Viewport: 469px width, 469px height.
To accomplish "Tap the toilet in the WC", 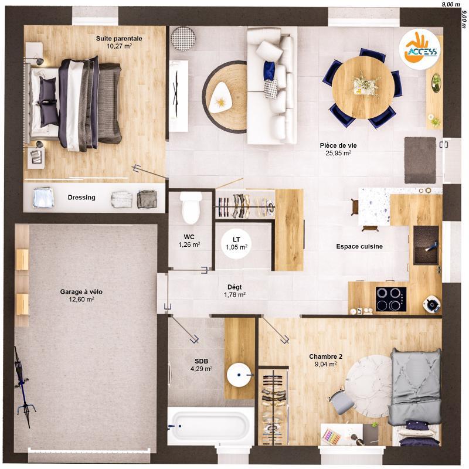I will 191,208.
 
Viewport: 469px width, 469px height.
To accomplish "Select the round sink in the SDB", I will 239,375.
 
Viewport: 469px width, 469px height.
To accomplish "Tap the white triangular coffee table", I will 221,96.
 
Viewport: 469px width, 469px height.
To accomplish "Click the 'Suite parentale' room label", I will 119,38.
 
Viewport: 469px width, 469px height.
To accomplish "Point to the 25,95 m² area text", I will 338,153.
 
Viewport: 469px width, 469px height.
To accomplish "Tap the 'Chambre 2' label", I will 325,356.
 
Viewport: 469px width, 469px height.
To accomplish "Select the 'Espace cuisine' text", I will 359,247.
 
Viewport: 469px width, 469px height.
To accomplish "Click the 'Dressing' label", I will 81,198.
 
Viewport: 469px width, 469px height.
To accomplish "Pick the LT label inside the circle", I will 236,240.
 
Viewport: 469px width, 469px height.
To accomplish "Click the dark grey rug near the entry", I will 420,159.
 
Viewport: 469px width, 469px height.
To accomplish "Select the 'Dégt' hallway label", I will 235,287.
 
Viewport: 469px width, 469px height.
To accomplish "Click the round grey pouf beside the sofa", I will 183,39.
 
